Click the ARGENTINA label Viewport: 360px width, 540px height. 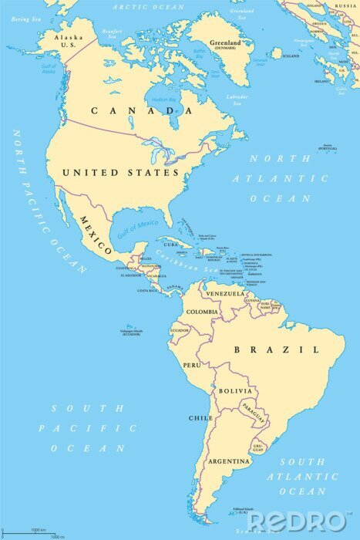(x=228, y=461)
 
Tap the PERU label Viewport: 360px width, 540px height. (x=192, y=364)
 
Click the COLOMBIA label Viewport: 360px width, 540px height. (x=202, y=312)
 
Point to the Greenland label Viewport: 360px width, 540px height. (x=227, y=43)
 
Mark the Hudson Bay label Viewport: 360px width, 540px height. (x=163, y=99)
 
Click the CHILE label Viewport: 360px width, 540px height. (x=200, y=418)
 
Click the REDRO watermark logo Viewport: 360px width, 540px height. (x=297, y=521)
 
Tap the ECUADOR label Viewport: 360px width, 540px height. (x=180, y=330)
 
